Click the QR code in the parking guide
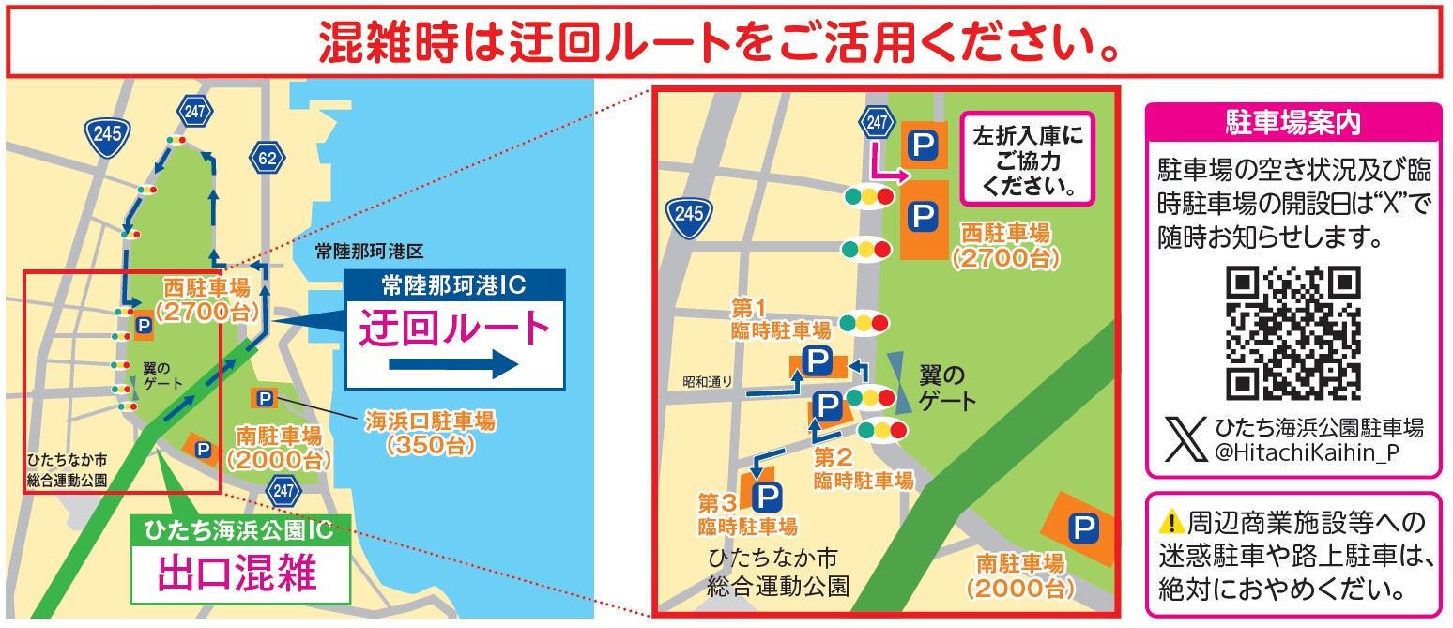(1293, 332)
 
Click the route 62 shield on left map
(268, 157)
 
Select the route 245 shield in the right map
(688, 214)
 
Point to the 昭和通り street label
(706, 382)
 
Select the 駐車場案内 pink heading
(1292, 121)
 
